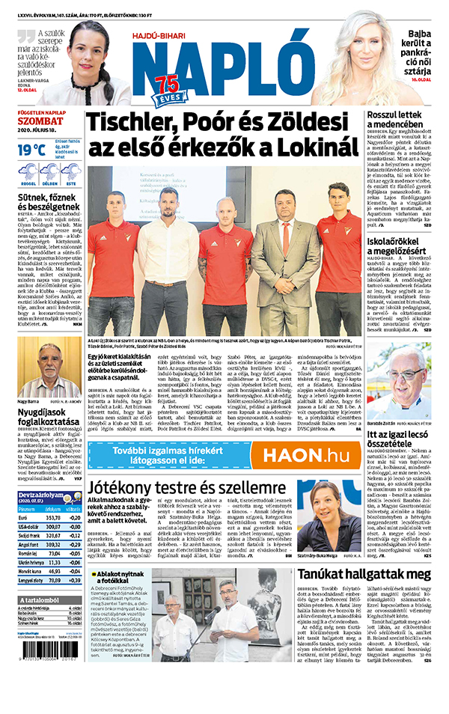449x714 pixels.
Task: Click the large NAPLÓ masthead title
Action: pyautogui.click(x=224, y=64)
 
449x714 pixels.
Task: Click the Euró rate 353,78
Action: pyautogui.click(x=53, y=517)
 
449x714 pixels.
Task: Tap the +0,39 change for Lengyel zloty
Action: pyautogui.click(x=74, y=580)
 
